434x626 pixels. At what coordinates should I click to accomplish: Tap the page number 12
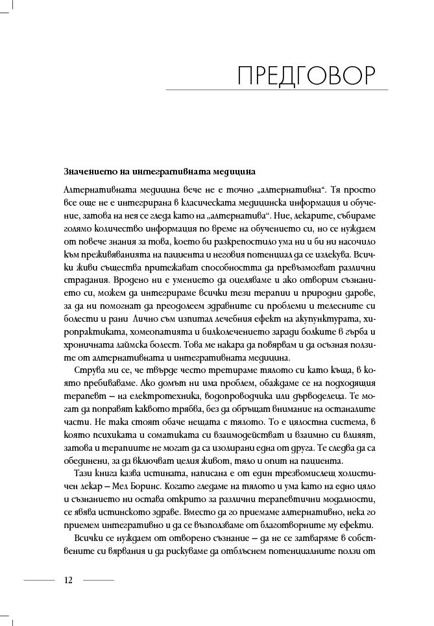(x=69, y=579)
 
